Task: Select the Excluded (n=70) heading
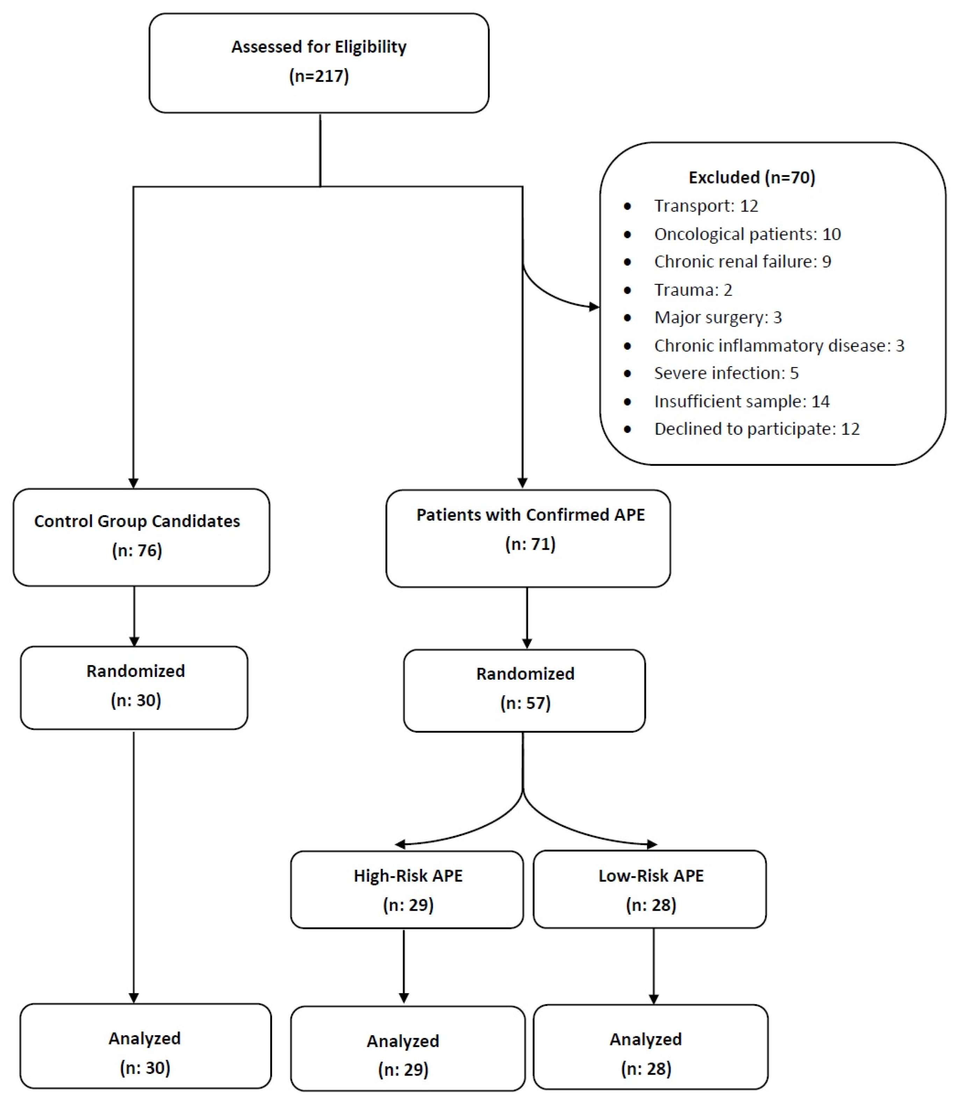pos(751,177)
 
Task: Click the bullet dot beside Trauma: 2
pos(627,290)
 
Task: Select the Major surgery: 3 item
pos(718,317)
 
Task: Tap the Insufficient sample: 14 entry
pos(741,401)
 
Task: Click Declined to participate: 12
pos(756,429)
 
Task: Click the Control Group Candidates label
pos(137,521)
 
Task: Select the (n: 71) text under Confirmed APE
pos(530,544)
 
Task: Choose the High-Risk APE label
pos(408,875)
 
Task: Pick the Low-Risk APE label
pos(651,875)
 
